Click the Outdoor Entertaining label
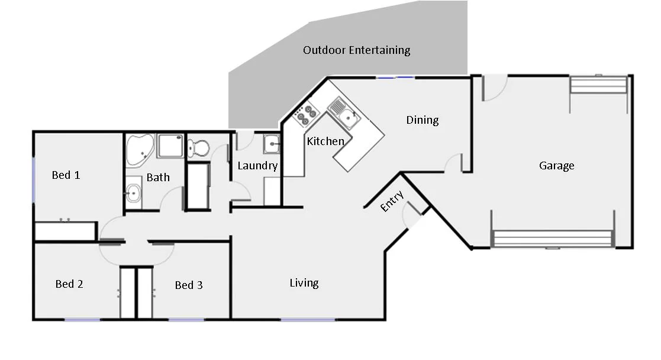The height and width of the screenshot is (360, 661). coord(356,50)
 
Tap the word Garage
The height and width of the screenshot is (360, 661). coord(556,166)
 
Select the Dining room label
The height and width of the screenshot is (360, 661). coord(423,120)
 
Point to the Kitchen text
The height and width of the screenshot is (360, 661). coord(325,142)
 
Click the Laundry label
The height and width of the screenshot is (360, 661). coord(257,166)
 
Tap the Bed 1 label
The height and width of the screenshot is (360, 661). coord(66,175)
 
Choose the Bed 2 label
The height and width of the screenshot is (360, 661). coord(69,284)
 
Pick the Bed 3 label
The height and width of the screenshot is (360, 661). coord(189,285)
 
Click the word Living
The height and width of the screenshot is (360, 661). coord(304,283)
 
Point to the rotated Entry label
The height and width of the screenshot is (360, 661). coord(392,201)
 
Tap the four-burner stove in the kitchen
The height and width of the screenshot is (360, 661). coord(305,114)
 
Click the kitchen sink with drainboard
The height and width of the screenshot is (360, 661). coord(344,112)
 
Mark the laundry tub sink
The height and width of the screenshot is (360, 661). coord(272,144)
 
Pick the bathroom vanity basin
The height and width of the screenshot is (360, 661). coord(133,193)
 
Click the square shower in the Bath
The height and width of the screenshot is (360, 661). coord(170,146)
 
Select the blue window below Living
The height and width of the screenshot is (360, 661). coord(308,320)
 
